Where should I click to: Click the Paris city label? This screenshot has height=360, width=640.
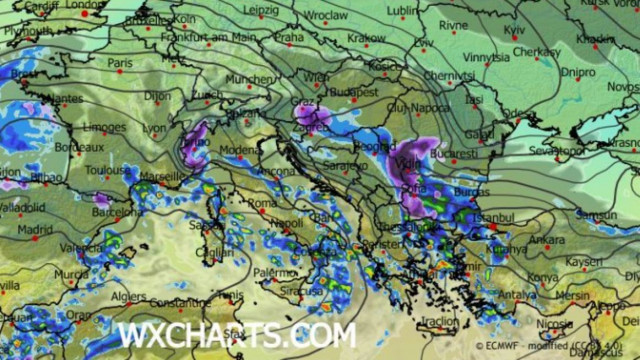pos(121,62)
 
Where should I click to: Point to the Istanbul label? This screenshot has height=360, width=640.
pos(493,216)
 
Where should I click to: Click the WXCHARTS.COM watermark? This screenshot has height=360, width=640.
pos(236,335)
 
